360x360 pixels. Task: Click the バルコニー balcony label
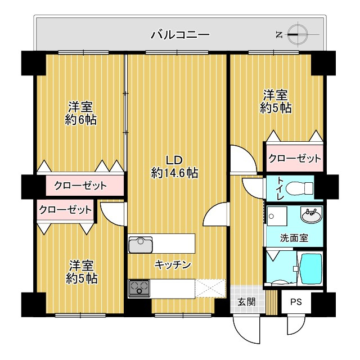click(180, 35)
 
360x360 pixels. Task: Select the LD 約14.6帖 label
click(174, 166)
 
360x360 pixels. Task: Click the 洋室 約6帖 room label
click(80, 112)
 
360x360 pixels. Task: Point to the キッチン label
click(173, 264)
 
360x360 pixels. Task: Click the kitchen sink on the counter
click(141, 245)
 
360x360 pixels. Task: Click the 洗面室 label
click(294, 237)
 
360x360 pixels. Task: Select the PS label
click(296, 302)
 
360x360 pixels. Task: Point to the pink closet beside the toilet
click(294, 159)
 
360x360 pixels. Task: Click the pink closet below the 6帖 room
click(80, 185)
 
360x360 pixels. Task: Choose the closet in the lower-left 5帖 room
click(65, 210)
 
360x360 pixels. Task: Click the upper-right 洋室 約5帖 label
click(276, 101)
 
